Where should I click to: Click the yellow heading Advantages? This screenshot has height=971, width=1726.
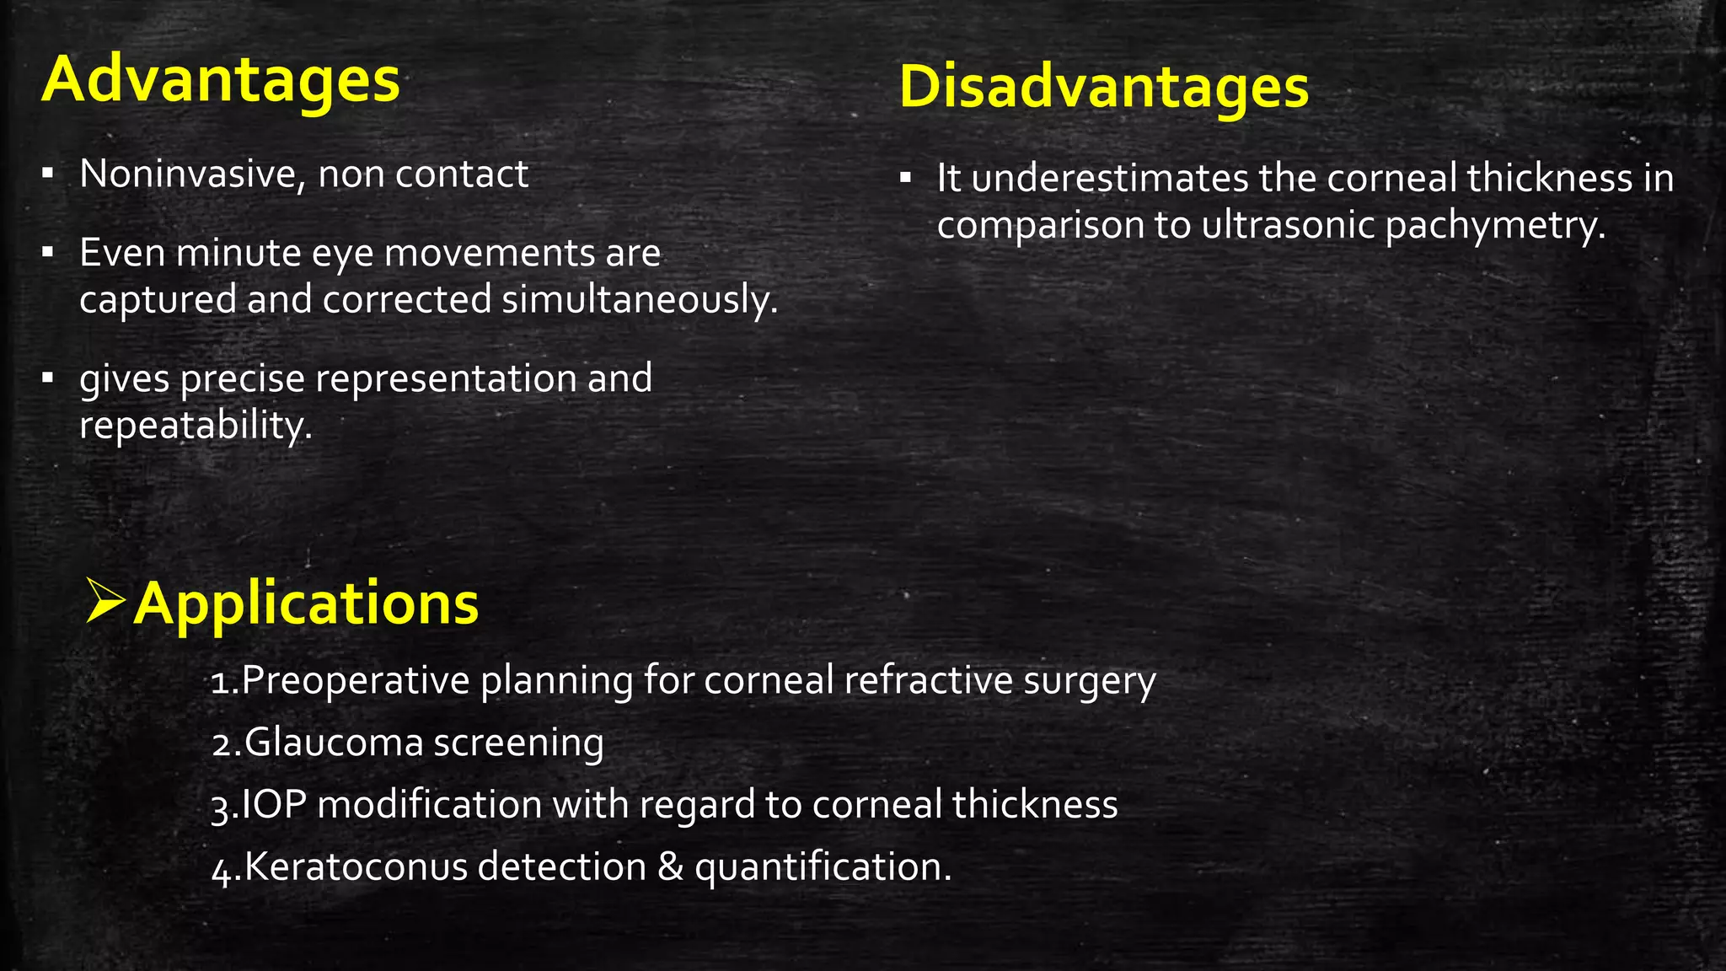pos(221,81)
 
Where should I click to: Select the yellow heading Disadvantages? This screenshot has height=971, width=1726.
pos(1104,88)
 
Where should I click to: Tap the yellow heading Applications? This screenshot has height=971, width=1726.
pos(306,604)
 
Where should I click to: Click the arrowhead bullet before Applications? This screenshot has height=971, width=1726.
pos(106,601)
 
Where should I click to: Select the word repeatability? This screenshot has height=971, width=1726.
pos(196,425)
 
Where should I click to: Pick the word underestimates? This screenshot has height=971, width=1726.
pos(1110,179)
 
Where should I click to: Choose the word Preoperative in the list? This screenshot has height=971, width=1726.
pos(354,680)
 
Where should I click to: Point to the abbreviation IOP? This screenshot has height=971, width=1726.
pos(273,804)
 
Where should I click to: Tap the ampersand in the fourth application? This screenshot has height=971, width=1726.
pos(670,866)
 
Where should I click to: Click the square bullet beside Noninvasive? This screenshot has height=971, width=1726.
pos(48,174)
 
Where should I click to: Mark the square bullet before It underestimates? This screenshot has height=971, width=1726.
pos(906,179)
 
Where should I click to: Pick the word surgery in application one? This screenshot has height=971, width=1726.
pos(1090,680)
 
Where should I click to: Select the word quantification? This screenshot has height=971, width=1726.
pos(823,866)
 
